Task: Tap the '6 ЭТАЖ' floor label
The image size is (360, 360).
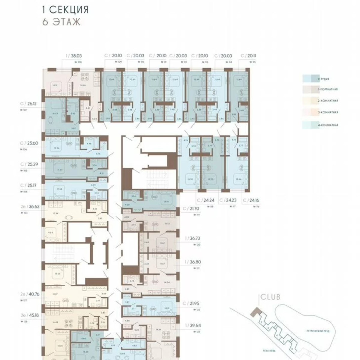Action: [x=61, y=22]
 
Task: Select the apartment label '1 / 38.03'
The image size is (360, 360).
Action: [x=74, y=56]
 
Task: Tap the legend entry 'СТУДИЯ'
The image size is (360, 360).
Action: [x=324, y=79]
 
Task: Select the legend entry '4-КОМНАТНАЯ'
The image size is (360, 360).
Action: [x=328, y=125]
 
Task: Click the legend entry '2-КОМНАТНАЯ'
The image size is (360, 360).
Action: [x=328, y=101]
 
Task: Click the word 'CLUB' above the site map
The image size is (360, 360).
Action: [x=270, y=297]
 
